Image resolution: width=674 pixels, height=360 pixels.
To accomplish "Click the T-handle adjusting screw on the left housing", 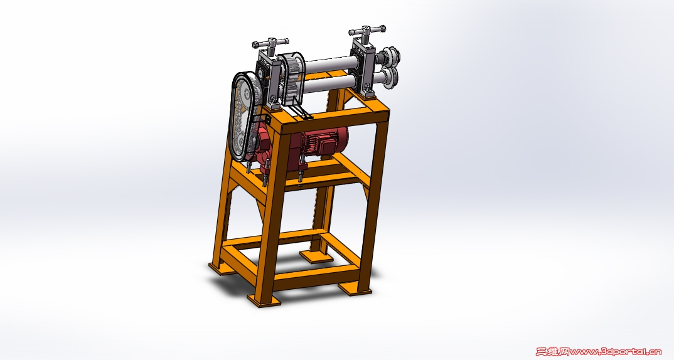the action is (269, 44).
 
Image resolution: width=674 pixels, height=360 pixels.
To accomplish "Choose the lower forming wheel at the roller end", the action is (391, 78).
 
